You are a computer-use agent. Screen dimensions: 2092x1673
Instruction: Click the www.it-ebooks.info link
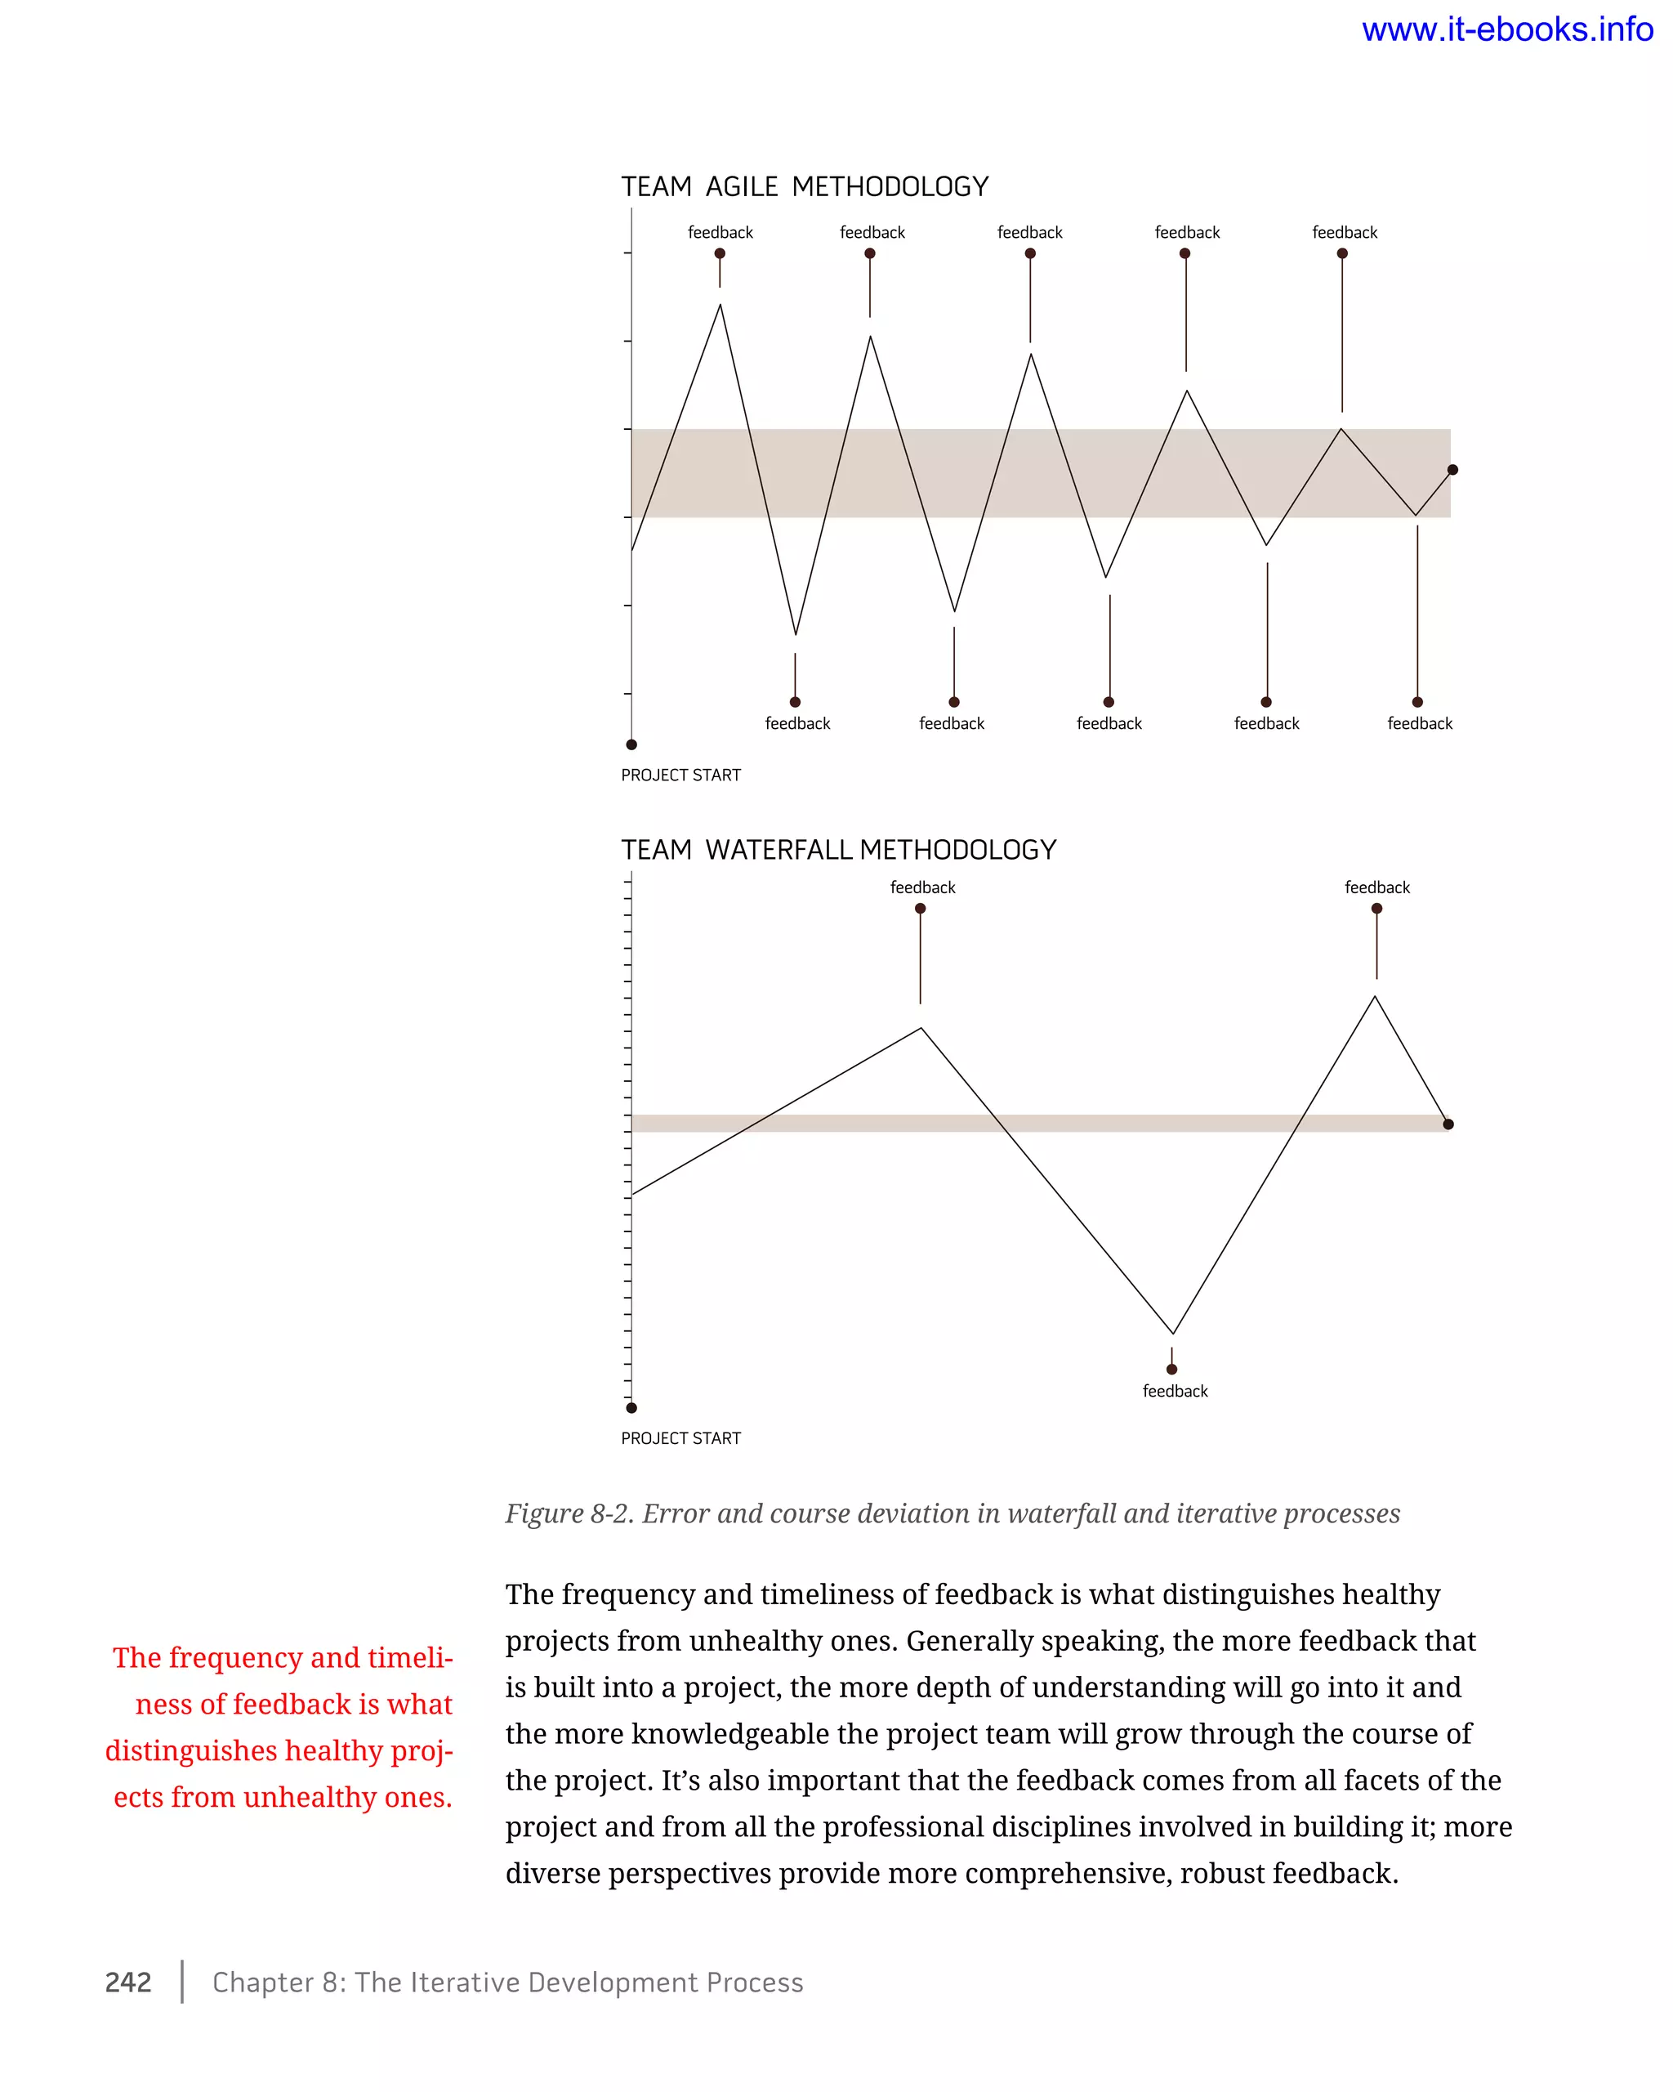pos(1506,30)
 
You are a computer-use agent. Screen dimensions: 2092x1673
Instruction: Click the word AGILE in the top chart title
pos(741,186)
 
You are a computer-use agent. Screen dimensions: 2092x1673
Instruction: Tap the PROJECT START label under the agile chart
pos(680,776)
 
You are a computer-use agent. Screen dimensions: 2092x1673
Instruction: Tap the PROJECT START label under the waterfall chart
pos(680,1438)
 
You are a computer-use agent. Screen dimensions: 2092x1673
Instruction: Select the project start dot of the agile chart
pos(631,744)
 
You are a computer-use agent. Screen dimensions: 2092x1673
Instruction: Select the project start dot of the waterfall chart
pos(631,1408)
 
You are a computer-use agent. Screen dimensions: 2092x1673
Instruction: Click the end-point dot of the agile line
pos(1452,470)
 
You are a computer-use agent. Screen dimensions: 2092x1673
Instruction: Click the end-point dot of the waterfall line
pos(1448,1124)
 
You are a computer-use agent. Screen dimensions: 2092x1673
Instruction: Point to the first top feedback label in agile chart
pos(720,233)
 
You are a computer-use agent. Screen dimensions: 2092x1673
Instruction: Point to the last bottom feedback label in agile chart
pos(1419,724)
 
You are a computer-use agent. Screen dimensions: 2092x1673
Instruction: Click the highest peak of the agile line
pos(720,306)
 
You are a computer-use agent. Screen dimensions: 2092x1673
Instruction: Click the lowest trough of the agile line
pos(796,635)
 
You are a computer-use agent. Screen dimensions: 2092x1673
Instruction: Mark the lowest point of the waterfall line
pos(1172,1333)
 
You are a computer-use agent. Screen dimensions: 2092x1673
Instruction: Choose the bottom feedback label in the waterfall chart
pos(1175,1392)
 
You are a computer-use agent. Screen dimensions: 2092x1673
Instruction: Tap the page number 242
pos(128,1982)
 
